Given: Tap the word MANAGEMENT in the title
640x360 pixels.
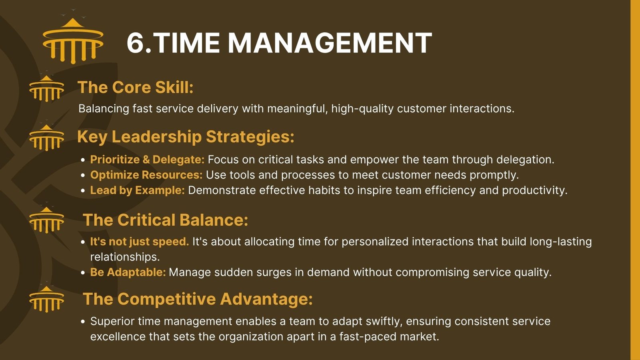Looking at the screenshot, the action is pyautogui.click(x=330, y=43).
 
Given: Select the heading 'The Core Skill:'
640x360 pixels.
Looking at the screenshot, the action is pyautogui.click(x=136, y=87).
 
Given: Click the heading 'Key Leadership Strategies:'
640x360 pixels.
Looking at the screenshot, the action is pyautogui.click(x=186, y=136).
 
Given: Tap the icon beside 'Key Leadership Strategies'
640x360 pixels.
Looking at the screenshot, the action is pyautogui.click(x=46, y=138).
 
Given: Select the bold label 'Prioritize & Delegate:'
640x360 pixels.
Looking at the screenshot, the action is pyautogui.click(x=148, y=160).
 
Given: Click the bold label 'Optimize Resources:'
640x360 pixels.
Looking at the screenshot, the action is pyautogui.click(x=146, y=175).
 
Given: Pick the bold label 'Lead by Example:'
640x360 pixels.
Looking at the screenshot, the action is pyautogui.click(x=138, y=190).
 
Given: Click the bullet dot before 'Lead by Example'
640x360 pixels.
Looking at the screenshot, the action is pyautogui.click(x=83, y=190).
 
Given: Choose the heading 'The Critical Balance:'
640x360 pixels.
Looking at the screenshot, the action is pyautogui.click(x=166, y=220).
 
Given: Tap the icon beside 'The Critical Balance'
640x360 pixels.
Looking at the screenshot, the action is pyautogui.click(x=46, y=220).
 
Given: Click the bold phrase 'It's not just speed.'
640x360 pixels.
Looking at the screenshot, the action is pyautogui.click(x=140, y=242).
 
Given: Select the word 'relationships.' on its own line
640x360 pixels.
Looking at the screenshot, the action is pyautogui.click(x=125, y=257).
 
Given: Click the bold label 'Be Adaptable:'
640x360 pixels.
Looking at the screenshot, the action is pyautogui.click(x=128, y=272).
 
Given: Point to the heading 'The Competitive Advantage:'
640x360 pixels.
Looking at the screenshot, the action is pyautogui.click(x=198, y=299).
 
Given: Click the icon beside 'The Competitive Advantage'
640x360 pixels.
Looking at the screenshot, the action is pyautogui.click(x=46, y=300).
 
